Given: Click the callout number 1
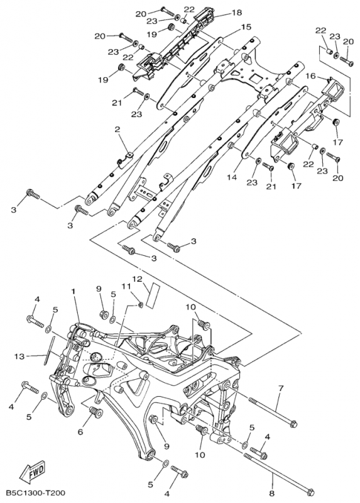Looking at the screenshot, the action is [x=74, y=292].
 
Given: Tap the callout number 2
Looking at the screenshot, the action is [x=117, y=130].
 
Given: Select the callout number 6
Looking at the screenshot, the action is [x=80, y=432].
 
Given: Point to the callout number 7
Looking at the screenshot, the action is [x=281, y=388].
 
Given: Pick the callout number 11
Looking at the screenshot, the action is [x=126, y=285].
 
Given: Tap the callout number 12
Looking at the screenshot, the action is [x=137, y=279].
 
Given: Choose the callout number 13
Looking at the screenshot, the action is [x=19, y=356].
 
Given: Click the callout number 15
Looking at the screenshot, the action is [x=246, y=27].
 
